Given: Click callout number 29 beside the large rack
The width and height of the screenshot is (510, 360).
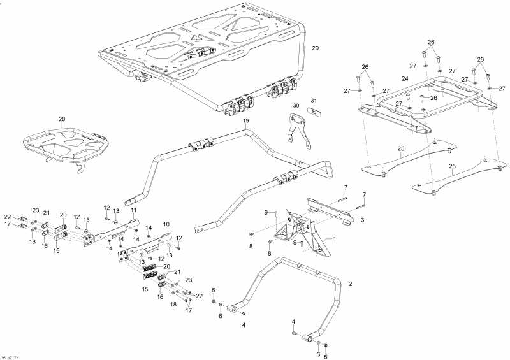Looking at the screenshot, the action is pos(315,48).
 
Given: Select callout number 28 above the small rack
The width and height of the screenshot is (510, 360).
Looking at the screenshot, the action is pos(62,119).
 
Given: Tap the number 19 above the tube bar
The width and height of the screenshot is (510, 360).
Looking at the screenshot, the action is pos(245,121).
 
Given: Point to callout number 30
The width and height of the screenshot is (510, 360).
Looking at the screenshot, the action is pos(296,106).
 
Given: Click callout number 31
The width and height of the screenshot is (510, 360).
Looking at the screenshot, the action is pos(313,100).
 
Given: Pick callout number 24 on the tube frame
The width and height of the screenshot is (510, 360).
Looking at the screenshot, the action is pos(405,79).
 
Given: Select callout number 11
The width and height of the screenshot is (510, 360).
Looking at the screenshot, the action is pos(133,210).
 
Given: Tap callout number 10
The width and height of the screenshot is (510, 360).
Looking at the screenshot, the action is pos(166,224).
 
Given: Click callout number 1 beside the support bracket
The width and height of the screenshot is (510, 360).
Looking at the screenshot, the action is pos(334,239).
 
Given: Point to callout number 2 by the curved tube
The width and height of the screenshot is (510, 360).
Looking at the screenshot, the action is pos(350,284).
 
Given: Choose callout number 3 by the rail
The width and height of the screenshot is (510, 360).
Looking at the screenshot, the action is pos(362,220).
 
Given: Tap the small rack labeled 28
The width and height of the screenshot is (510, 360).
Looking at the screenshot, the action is pos(65,143).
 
